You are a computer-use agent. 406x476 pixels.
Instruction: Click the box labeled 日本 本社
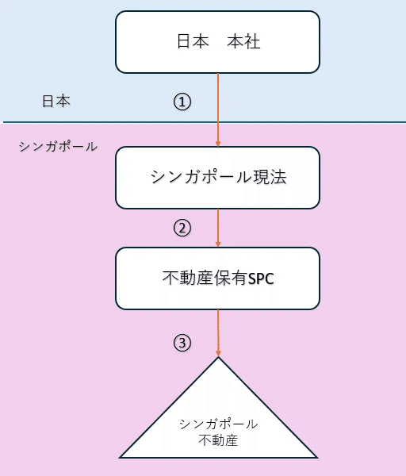click(x=217, y=41)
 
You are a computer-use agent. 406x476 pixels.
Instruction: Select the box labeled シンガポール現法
click(x=217, y=177)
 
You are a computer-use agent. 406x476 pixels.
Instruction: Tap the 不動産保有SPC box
click(x=217, y=278)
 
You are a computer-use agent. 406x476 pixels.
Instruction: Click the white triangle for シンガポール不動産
click(x=218, y=420)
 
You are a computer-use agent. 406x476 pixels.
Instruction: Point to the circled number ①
click(x=182, y=102)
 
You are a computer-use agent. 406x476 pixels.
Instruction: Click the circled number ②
click(x=182, y=228)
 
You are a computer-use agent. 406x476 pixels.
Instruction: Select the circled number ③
click(x=182, y=343)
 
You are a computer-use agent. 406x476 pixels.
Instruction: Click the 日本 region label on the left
click(x=56, y=102)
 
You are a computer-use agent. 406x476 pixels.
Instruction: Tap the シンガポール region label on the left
click(x=57, y=147)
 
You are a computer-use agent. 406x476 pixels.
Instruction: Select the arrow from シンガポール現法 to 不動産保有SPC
click(x=218, y=228)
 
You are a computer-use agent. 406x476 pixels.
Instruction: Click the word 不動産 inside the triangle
click(x=218, y=439)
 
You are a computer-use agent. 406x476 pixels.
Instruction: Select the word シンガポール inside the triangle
click(x=218, y=424)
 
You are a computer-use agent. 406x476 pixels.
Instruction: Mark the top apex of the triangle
click(x=218, y=359)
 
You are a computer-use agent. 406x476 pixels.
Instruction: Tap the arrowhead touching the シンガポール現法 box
click(x=218, y=143)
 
